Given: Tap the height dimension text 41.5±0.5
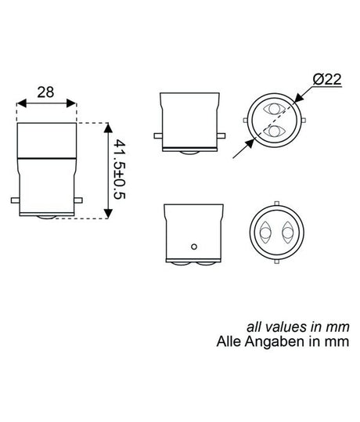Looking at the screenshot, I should (x=119, y=170).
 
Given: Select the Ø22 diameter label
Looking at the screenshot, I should (x=326, y=80).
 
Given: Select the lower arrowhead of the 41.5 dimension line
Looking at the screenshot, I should (x=107, y=215).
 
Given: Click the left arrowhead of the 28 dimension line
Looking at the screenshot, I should (x=19, y=103).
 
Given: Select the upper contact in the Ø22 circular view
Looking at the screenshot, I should (x=275, y=110).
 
